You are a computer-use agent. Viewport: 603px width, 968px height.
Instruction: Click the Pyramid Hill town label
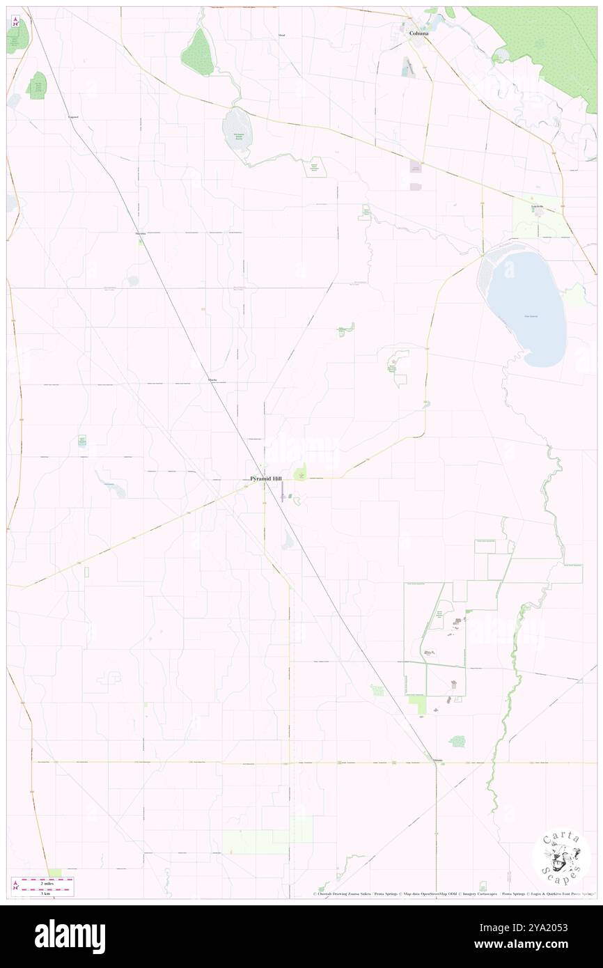click(x=267, y=479)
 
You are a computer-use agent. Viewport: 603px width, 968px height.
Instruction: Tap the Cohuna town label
click(x=418, y=33)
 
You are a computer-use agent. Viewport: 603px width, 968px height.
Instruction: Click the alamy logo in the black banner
click(x=70, y=936)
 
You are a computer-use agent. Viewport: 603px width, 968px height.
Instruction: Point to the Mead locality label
click(x=281, y=34)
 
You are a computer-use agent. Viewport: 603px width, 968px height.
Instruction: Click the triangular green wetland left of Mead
click(x=198, y=52)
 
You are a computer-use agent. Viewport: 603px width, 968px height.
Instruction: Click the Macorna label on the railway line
click(x=141, y=234)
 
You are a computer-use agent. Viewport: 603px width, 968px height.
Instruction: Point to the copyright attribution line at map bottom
click(x=453, y=894)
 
